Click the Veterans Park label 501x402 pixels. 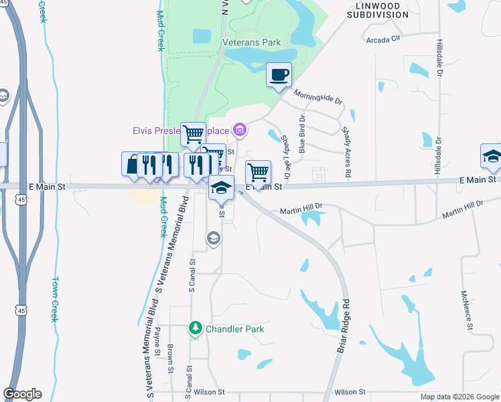point(251,42)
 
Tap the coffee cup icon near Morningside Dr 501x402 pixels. point(279,75)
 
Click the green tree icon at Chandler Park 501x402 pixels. point(196,328)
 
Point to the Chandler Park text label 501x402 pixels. point(234,329)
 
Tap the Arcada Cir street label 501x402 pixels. point(383,40)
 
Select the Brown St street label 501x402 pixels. point(171,358)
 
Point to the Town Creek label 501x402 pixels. point(55,299)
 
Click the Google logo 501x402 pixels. point(22,394)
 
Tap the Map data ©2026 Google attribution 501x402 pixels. point(459,397)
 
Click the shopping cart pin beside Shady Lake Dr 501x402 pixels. point(258,173)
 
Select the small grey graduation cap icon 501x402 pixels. point(213,238)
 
